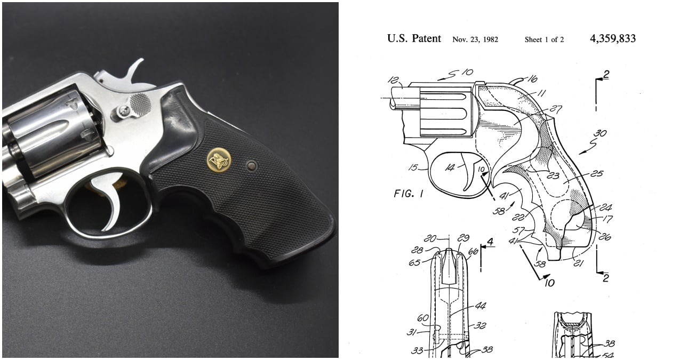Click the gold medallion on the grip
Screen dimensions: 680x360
tap(219, 160)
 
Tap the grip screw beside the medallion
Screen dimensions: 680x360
tap(252, 166)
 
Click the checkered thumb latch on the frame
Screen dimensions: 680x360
tap(140, 105)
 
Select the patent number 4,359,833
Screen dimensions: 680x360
tap(613, 38)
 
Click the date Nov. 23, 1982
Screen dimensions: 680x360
tap(475, 39)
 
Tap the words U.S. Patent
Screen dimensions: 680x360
tap(414, 38)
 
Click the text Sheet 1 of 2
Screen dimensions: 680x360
tap(544, 39)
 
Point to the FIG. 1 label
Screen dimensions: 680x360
tap(409, 194)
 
